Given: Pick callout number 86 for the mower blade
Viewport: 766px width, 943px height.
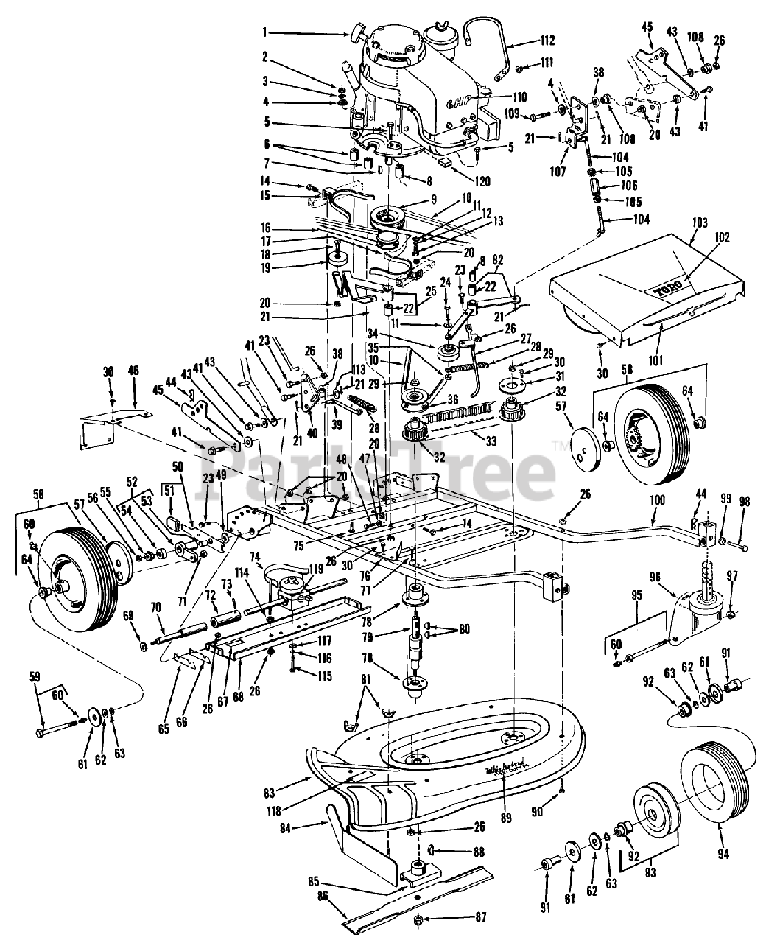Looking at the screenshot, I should [x=323, y=918].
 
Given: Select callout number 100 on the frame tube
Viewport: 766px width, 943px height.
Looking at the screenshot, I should [x=657, y=500].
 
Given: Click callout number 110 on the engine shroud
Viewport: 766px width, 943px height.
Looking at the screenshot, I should [x=520, y=97].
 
